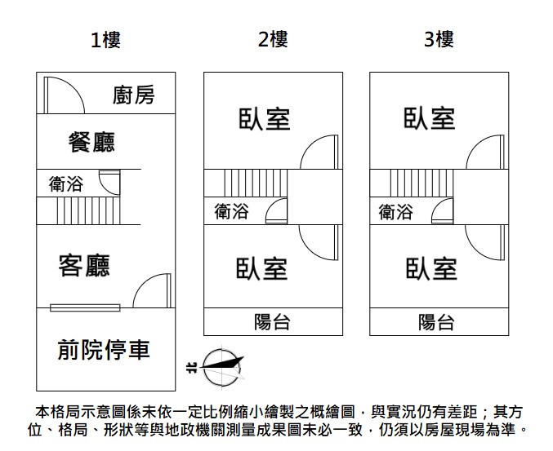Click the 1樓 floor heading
coord(105,40)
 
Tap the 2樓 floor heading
coord(273,39)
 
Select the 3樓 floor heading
coord(439,39)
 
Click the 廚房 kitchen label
coord(134,95)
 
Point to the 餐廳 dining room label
coord(91,142)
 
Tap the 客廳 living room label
coord(84,265)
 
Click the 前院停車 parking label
coord(104,350)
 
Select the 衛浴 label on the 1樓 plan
coord(66,183)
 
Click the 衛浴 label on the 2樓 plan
coord(232,211)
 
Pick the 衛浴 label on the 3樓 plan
coord(395,212)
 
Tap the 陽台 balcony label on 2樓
coord(272,322)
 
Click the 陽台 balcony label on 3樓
coord(436,322)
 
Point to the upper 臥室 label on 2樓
coord(264,119)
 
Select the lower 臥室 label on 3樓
coord(431,268)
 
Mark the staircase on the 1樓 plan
coord(88,211)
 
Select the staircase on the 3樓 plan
coord(421,183)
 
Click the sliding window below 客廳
coord(85,308)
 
